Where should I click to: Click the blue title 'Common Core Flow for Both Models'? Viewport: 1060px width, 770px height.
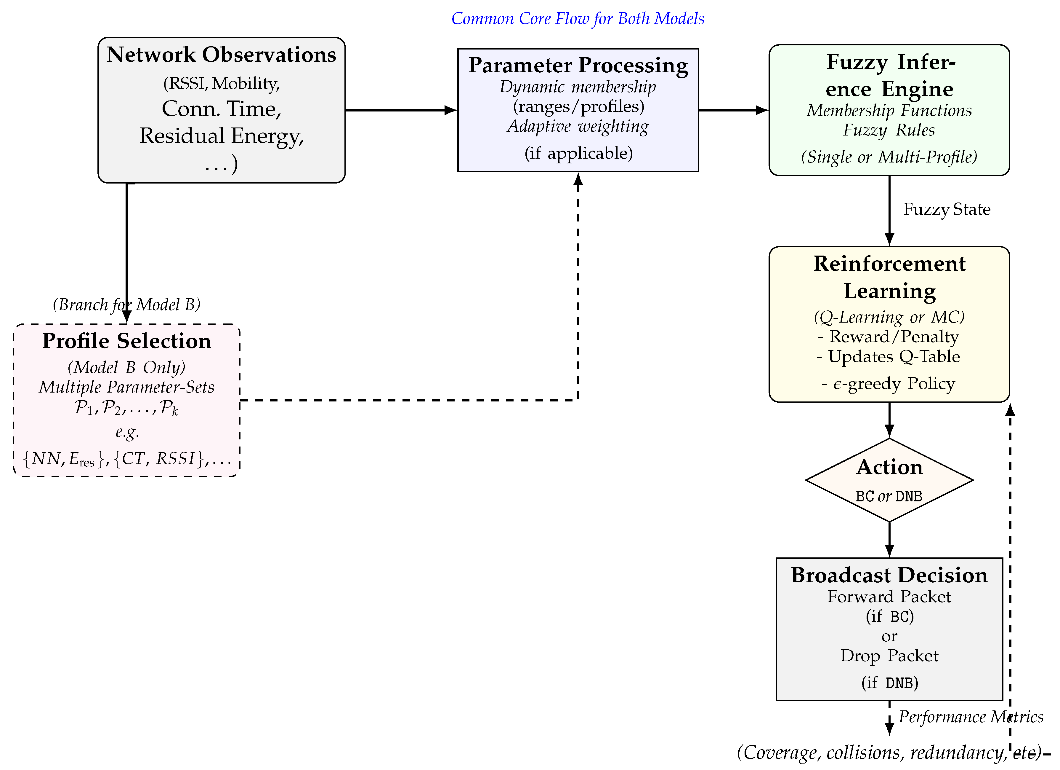click(x=578, y=19)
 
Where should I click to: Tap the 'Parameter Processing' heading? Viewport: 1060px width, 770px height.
click(x=578, y=65)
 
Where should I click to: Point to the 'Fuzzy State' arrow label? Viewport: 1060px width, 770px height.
click(x=947, y=209)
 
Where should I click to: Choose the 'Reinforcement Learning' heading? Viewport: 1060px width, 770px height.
click(x=889, y=277)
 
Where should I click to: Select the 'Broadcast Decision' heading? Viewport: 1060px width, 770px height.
click(x=889, y=575)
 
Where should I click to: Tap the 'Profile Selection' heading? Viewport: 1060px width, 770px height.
click(x=127, y=341)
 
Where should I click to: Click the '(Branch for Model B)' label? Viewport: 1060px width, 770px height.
click(x=127, y=305)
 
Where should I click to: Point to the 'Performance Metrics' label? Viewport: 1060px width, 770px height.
click(x=971, y=717)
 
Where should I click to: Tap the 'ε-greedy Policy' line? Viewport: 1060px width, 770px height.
click(x=888, y=384)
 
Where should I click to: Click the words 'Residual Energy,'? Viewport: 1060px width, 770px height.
click(x=222, y=136)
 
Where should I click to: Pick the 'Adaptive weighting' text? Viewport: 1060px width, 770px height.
click(x=578, y=126)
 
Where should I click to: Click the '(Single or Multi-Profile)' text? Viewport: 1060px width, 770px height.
click(x=889, y=157)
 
